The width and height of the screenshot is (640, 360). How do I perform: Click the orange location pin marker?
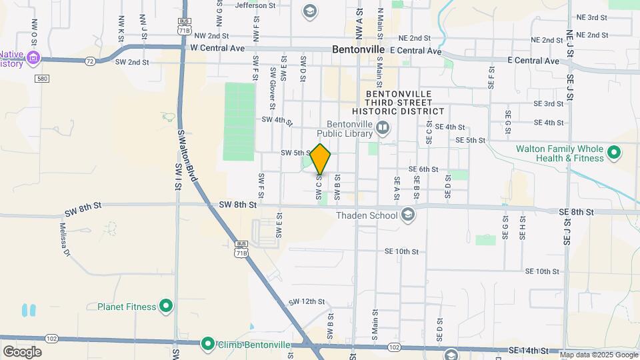tap(321, 159)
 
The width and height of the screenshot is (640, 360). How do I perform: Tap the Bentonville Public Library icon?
tap(383, 127)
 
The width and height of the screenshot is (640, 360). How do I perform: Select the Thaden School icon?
tap(408, 215)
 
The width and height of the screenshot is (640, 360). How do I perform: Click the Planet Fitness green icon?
tap(166, 307)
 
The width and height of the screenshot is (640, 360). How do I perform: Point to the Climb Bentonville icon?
tap(208, 344)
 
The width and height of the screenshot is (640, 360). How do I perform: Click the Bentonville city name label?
tap(359, 50)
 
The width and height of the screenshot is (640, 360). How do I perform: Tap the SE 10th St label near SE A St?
tap(401, 251)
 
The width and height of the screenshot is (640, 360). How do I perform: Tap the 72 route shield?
tap(89, 61)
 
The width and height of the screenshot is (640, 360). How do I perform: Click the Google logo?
tap(22, 352)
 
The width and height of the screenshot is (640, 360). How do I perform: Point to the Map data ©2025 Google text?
tap(598, 355)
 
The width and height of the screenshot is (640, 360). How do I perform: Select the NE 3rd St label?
tap(591, 17)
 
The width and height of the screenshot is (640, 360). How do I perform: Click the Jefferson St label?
tap(257, 5)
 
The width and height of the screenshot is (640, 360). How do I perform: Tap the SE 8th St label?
tap(577, 212)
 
